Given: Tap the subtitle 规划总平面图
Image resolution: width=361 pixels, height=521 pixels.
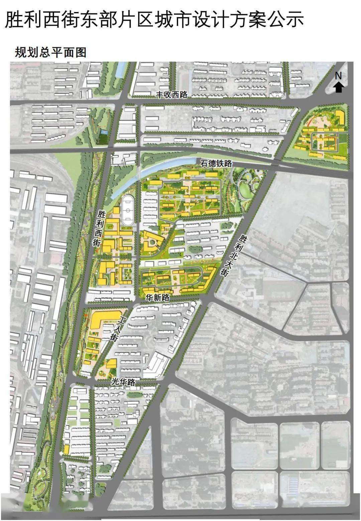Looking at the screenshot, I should click(x=50, y=52).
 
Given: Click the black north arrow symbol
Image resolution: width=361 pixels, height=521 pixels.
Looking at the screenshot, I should click(x=339, y=88).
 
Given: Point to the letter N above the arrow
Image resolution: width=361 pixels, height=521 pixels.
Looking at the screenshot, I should click(x=339, y=76).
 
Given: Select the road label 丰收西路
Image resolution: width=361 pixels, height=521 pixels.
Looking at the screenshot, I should click(x=172, y=95).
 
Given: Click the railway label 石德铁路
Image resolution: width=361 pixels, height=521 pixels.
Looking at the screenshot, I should click(x=216, y=164).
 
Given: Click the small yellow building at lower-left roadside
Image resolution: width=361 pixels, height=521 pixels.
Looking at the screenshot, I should click(x=67, y=450).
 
